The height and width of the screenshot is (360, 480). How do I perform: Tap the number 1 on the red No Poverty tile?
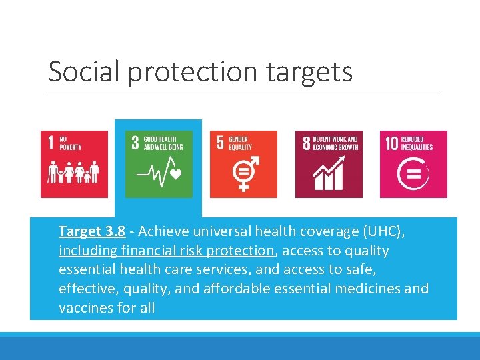tap(51, 143)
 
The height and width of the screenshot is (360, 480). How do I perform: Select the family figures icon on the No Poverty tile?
tap(73, 173)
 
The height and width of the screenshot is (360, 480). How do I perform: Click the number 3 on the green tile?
tap(135, 143)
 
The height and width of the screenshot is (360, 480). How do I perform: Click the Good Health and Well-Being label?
tap(163, 143)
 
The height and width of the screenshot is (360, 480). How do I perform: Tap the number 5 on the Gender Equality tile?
tap(220, 143)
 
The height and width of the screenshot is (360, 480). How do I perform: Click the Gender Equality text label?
tap(241, 143)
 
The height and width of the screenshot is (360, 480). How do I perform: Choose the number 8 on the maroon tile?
tap(306, 143)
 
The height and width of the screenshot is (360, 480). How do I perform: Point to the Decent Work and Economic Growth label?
tap(335, 143)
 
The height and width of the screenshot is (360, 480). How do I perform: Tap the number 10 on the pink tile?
tap(391, 143)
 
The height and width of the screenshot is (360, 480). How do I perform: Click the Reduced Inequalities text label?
tap(417, 143)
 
